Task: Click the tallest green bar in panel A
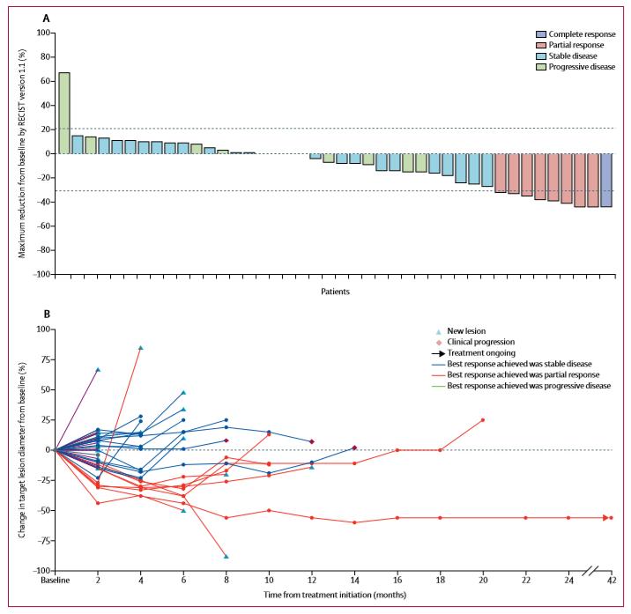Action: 64,113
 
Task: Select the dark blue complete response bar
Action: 606,180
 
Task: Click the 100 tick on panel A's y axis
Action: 42,33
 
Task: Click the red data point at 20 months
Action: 483,419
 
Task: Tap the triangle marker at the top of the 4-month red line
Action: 140,348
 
